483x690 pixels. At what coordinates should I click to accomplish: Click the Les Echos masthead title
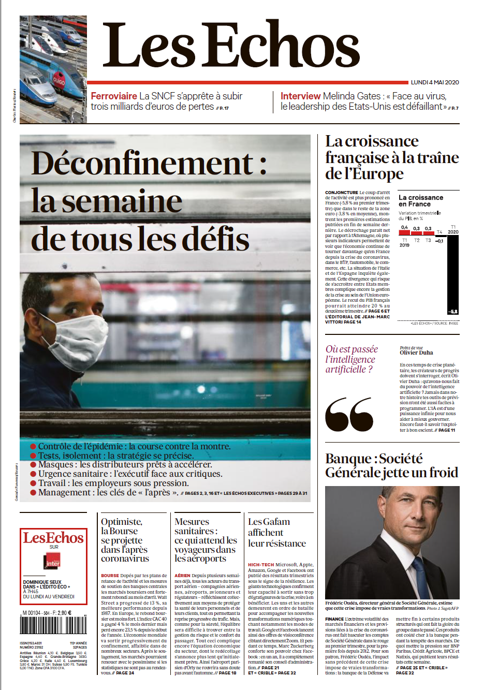point(230,46)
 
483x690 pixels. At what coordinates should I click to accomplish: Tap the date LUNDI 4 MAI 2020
point(435,82)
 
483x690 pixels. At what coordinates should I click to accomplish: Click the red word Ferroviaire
point(114,96)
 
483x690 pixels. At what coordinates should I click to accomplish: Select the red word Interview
point(300,96)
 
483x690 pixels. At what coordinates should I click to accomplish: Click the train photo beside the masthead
point(53,68)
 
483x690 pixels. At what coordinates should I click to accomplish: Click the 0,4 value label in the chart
point(404,228)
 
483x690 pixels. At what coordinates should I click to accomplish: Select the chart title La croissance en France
point(420,201)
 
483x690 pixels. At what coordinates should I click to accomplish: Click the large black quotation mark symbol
point(349,414)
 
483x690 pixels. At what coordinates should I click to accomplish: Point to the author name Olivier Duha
point(416,353)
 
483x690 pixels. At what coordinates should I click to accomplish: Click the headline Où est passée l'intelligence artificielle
point(351,359)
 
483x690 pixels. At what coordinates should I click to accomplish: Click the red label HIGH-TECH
point(260,565)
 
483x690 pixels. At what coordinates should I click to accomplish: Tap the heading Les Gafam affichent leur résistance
point(276,533)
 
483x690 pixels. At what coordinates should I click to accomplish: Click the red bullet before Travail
point(33,483)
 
